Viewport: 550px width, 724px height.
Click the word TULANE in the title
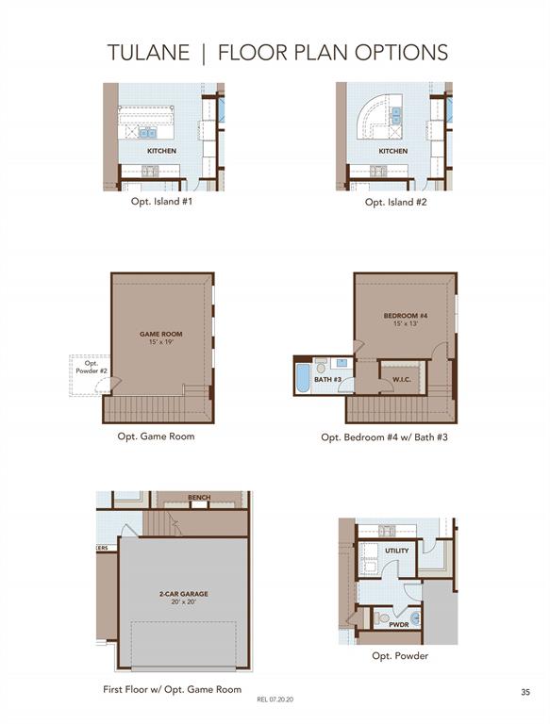pyautogui.click(x=148, y=52)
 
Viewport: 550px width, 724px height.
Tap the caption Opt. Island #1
pyautogui.click(x=161, y=202)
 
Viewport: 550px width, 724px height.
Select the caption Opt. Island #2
pyautogui.click(x=395, y=202)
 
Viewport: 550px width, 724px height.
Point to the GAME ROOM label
pyautogui.click(x=160, y=334)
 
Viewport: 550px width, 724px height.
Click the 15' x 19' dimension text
pyautogui.click(x=160, y=342)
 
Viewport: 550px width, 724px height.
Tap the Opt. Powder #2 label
pyautogui.click(x=92, y=367)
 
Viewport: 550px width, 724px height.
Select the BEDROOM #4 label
pyautogui.click(x=406, y=316)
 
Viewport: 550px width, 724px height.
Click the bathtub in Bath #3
pyautogui.click(x=302, y=379)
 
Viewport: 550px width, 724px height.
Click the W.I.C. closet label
pyautogui.click(x=402, y=380)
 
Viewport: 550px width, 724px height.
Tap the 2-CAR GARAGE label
pyautogui.click(x=183, y=594)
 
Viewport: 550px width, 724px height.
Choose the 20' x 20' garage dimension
pyautogui.click(x=184, y=602)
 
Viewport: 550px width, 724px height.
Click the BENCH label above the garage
pyautogui.click(x=199, y=498)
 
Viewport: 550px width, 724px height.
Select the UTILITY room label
pyautogui.click(x=397, y=551)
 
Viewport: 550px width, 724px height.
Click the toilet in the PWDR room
pyautogui.click(x=382, y=617)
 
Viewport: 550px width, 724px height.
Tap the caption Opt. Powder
pyautogui.click(x=400, y=656)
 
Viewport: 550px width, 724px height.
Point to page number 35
pyautogui.click(x=525, y=692)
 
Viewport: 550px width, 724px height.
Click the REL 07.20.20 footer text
pyautogui.click(x=275, y=699)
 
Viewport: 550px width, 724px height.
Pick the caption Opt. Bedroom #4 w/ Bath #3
pyautogui.click(x=385, y=436)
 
